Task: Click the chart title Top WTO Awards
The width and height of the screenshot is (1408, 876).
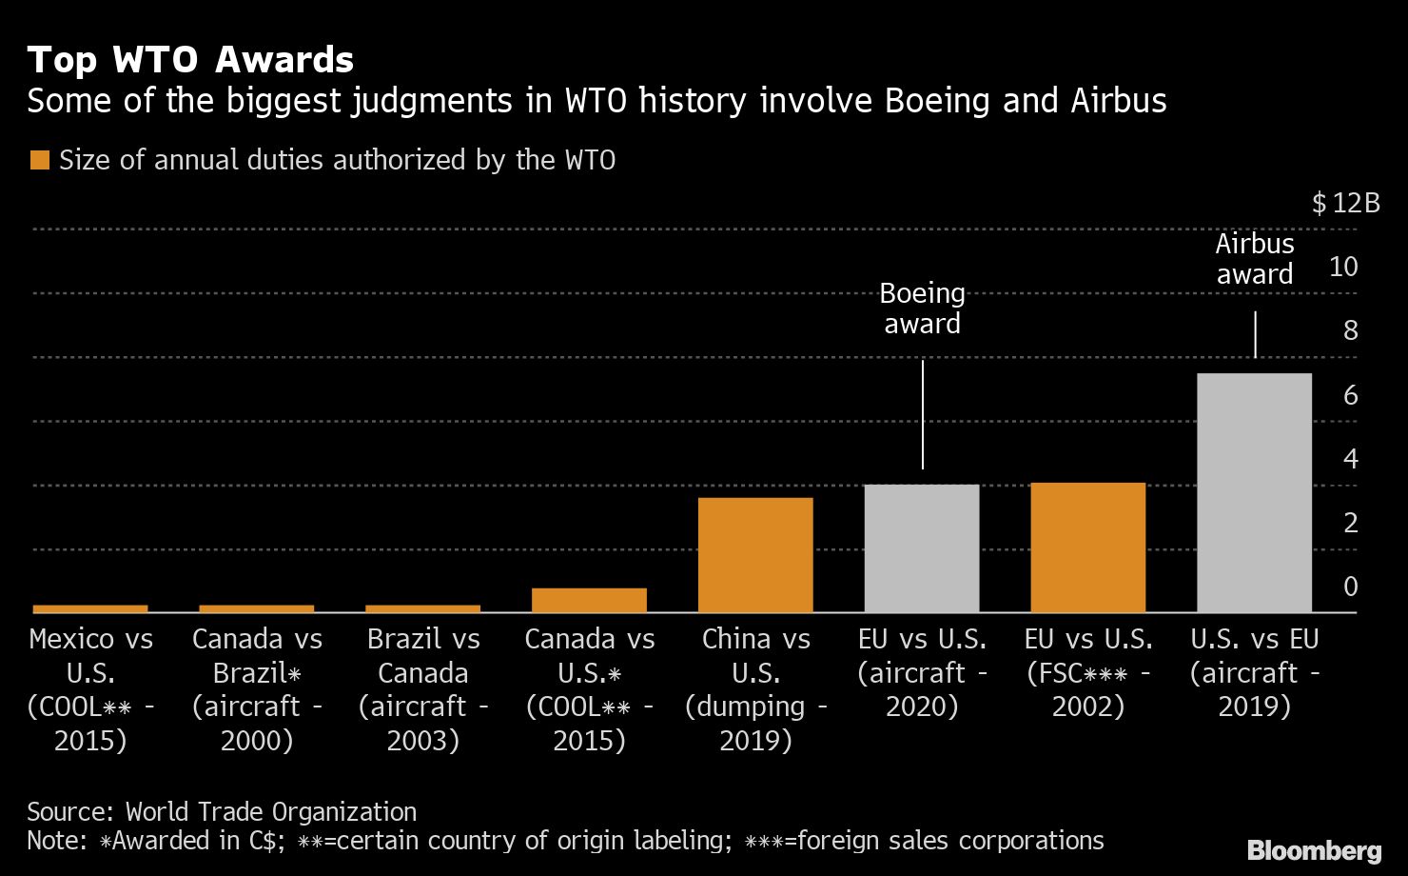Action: tap(190, 60)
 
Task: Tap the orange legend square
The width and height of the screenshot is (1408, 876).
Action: tap(39, 160)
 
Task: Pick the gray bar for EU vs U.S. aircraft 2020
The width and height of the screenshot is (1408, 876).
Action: tap(921, 548)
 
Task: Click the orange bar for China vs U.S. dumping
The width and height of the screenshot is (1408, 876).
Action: tap(755, 554)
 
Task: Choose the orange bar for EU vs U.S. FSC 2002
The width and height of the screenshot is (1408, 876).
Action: tap(1087, 547)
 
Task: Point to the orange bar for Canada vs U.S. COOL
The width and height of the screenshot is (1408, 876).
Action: tap(589, 600)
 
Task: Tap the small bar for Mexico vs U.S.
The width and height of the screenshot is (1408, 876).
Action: tap(90, 608)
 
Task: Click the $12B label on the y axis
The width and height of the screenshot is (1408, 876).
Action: tap(1345, 203)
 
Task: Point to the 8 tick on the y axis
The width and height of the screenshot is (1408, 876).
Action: tap(1350, 330)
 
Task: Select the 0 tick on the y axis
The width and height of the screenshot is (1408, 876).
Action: tap(1350, 587)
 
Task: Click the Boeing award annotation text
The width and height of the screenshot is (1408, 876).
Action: tap(922, 309)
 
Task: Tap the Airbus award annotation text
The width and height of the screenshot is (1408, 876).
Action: tap(1255, 259)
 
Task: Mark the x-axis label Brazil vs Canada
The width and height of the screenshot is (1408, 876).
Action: tap(423, 689)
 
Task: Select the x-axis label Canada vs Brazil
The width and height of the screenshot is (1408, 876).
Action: tap(257, 689)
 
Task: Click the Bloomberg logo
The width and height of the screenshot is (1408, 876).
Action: tap(1314, 850)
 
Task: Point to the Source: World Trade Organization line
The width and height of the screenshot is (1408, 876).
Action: tap(222, 812)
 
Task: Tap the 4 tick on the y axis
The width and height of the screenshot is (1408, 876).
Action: tap(1350, 459)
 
